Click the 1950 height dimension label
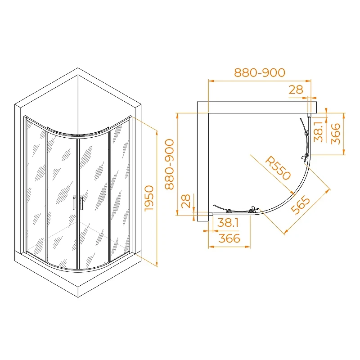point(149,198)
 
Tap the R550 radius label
point(278,168)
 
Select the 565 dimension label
point(300,205)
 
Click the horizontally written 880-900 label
point(260,72)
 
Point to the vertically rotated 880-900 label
point(170,164)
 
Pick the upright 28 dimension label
point(296,90)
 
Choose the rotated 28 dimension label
point(186,201)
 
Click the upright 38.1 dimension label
point(228,222)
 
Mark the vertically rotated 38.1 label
point(319,132)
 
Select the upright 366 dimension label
point(229,238)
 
